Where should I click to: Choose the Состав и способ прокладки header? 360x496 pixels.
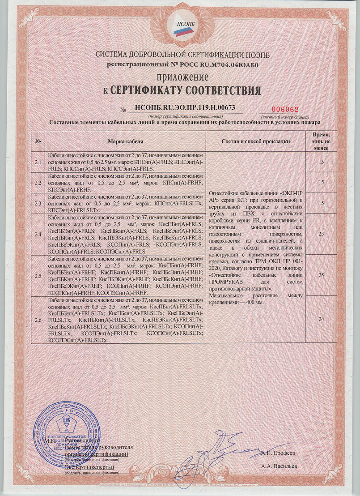pos(256,141)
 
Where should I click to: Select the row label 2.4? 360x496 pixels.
pos(38,235)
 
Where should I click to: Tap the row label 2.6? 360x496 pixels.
pos(38,320)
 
